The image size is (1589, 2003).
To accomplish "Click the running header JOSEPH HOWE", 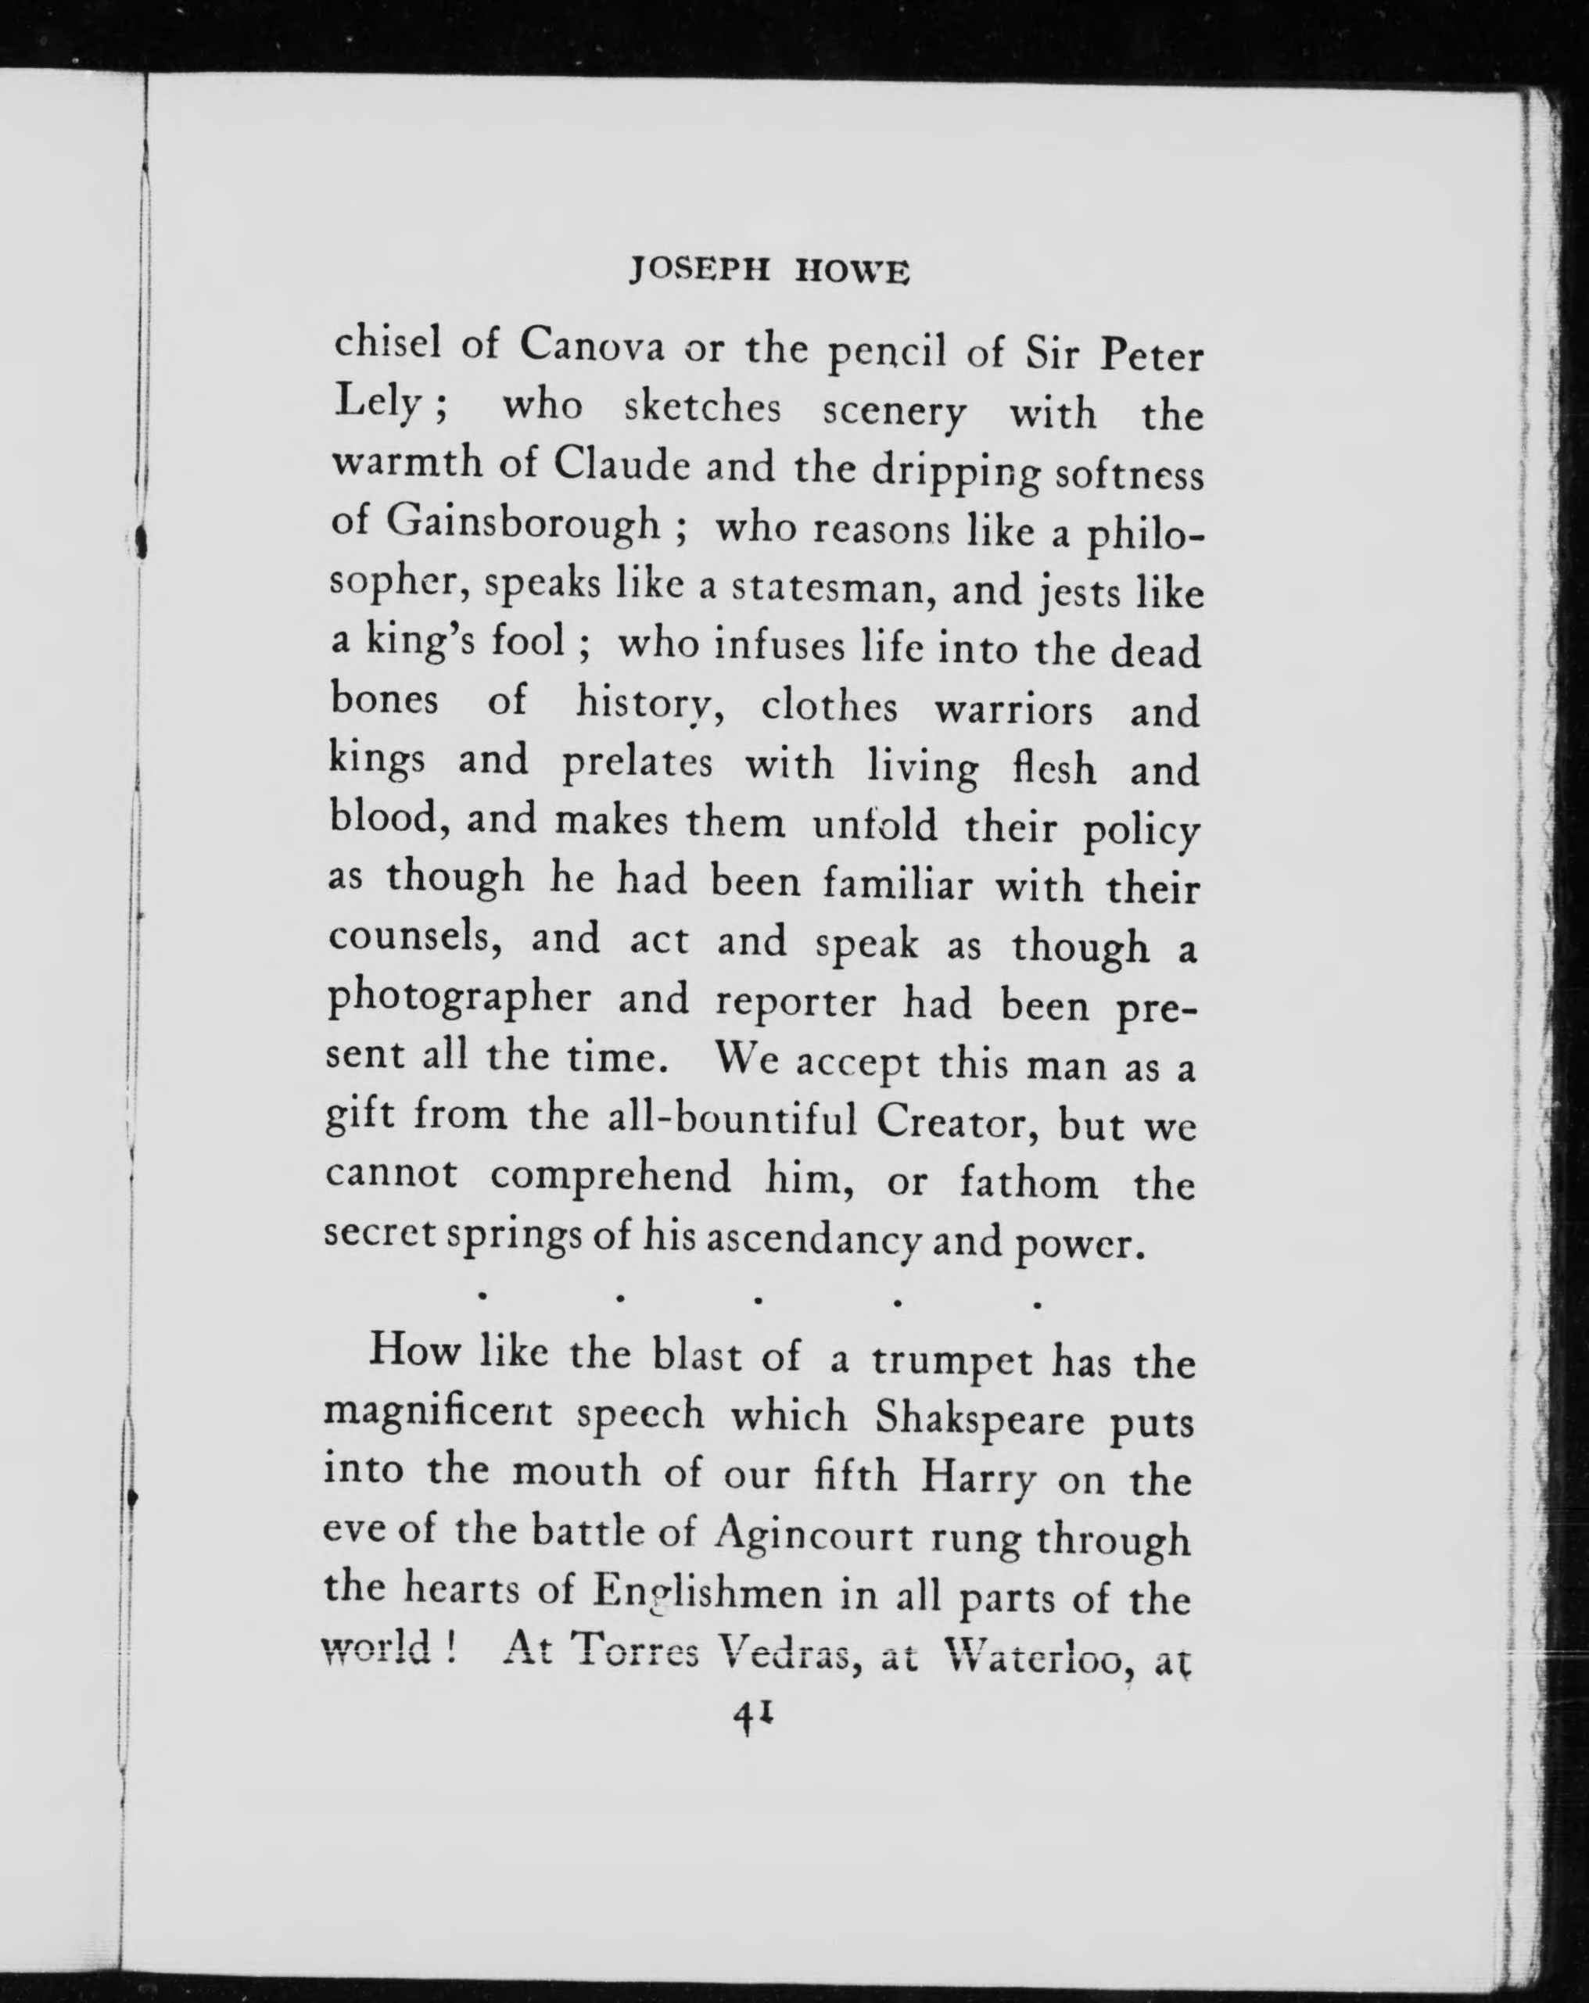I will (769, 271).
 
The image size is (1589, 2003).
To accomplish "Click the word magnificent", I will (439, 1417).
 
